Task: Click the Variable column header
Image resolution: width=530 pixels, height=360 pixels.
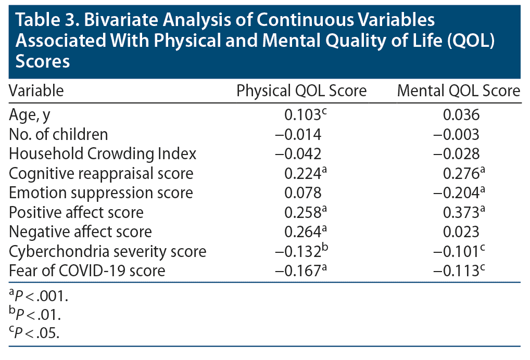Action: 36,91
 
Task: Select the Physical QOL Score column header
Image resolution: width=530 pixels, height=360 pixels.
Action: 301,91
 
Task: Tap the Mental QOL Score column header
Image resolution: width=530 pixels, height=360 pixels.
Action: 458,91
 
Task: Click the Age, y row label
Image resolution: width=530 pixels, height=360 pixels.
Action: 29,115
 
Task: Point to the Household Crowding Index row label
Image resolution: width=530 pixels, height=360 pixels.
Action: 103,153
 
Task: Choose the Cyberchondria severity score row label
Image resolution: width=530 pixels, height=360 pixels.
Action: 107,251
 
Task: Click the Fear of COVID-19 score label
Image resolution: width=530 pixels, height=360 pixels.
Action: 87,271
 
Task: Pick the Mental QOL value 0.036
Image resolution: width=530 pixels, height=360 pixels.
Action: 461,115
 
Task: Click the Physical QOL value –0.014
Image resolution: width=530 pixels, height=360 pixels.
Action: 298,134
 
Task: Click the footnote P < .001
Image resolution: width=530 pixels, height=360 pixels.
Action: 39,296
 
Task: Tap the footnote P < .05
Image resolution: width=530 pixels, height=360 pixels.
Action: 34,333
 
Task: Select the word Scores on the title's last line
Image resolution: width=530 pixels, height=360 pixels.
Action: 43,61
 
